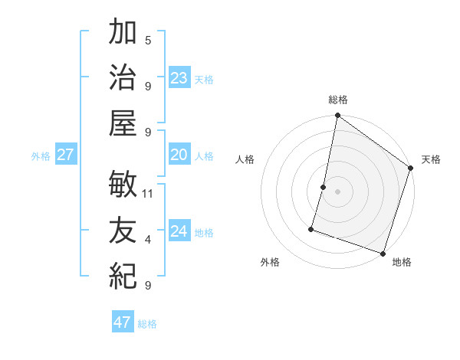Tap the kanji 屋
(123, 122)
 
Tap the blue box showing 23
(179, 78)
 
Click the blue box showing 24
(179, 232)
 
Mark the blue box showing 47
(123, 322)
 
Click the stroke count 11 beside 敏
(149, 193)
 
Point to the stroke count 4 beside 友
(148, 240)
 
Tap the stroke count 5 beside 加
(148, 40)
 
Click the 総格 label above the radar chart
(338, 100)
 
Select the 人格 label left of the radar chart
(245, 159)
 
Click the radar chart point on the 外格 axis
(312, 228)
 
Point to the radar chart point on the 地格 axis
(383, 253)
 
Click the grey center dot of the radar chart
(338, 191)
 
